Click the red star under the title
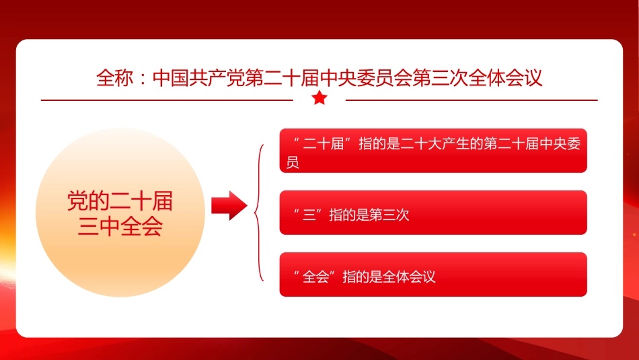click(x=319, y=99)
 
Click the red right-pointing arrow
click(x=229, y=205)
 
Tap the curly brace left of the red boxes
click(x=259, y=212)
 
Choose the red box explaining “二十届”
click(x=433, y=151)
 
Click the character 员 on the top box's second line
click(x=293, y=163)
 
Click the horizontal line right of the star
click(x=471, y=100)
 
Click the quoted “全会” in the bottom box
click(x=315, y=277)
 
